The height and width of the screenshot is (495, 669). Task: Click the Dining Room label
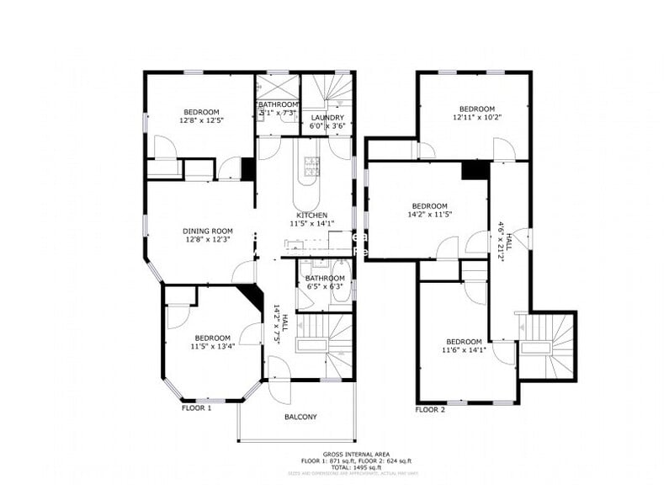206,231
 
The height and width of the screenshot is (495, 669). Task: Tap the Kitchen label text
311,216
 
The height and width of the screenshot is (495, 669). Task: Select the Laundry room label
327,118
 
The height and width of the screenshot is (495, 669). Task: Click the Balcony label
300,417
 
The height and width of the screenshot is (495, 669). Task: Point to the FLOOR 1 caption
196,408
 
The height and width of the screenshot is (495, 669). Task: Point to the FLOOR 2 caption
430,409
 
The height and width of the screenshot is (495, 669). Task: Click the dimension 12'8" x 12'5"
201,120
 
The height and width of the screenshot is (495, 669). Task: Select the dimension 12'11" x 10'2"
475,117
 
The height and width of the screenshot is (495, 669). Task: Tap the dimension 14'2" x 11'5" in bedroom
429,215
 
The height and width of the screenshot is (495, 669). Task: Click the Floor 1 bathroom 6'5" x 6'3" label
325,286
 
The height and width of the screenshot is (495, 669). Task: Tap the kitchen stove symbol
311,163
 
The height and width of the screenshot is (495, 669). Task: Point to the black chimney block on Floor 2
475,169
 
